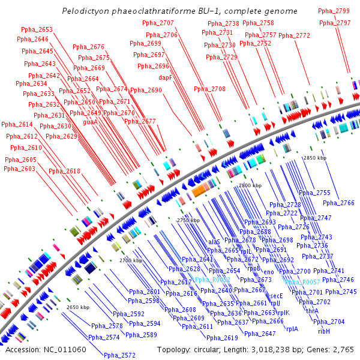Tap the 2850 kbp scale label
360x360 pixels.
[315, 158]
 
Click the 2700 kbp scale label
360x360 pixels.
[131, 261]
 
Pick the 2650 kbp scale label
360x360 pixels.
[78, 307]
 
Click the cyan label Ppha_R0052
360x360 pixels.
[212, 280]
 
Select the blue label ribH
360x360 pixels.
[323, 331]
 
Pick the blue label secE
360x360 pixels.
[275, 296]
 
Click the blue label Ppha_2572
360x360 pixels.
[119, 355]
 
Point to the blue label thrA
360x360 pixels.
[313, 311]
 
